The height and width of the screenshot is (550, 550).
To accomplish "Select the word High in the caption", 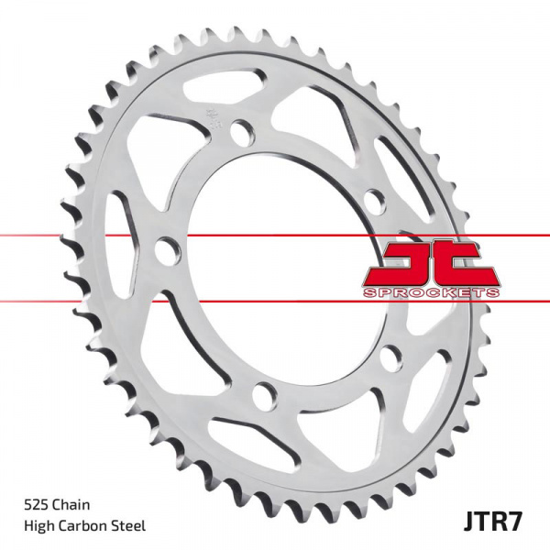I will click(36, 525).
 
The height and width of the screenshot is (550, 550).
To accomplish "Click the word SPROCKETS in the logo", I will click(431, 291).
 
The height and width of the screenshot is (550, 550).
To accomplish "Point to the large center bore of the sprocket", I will click(275, 266).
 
